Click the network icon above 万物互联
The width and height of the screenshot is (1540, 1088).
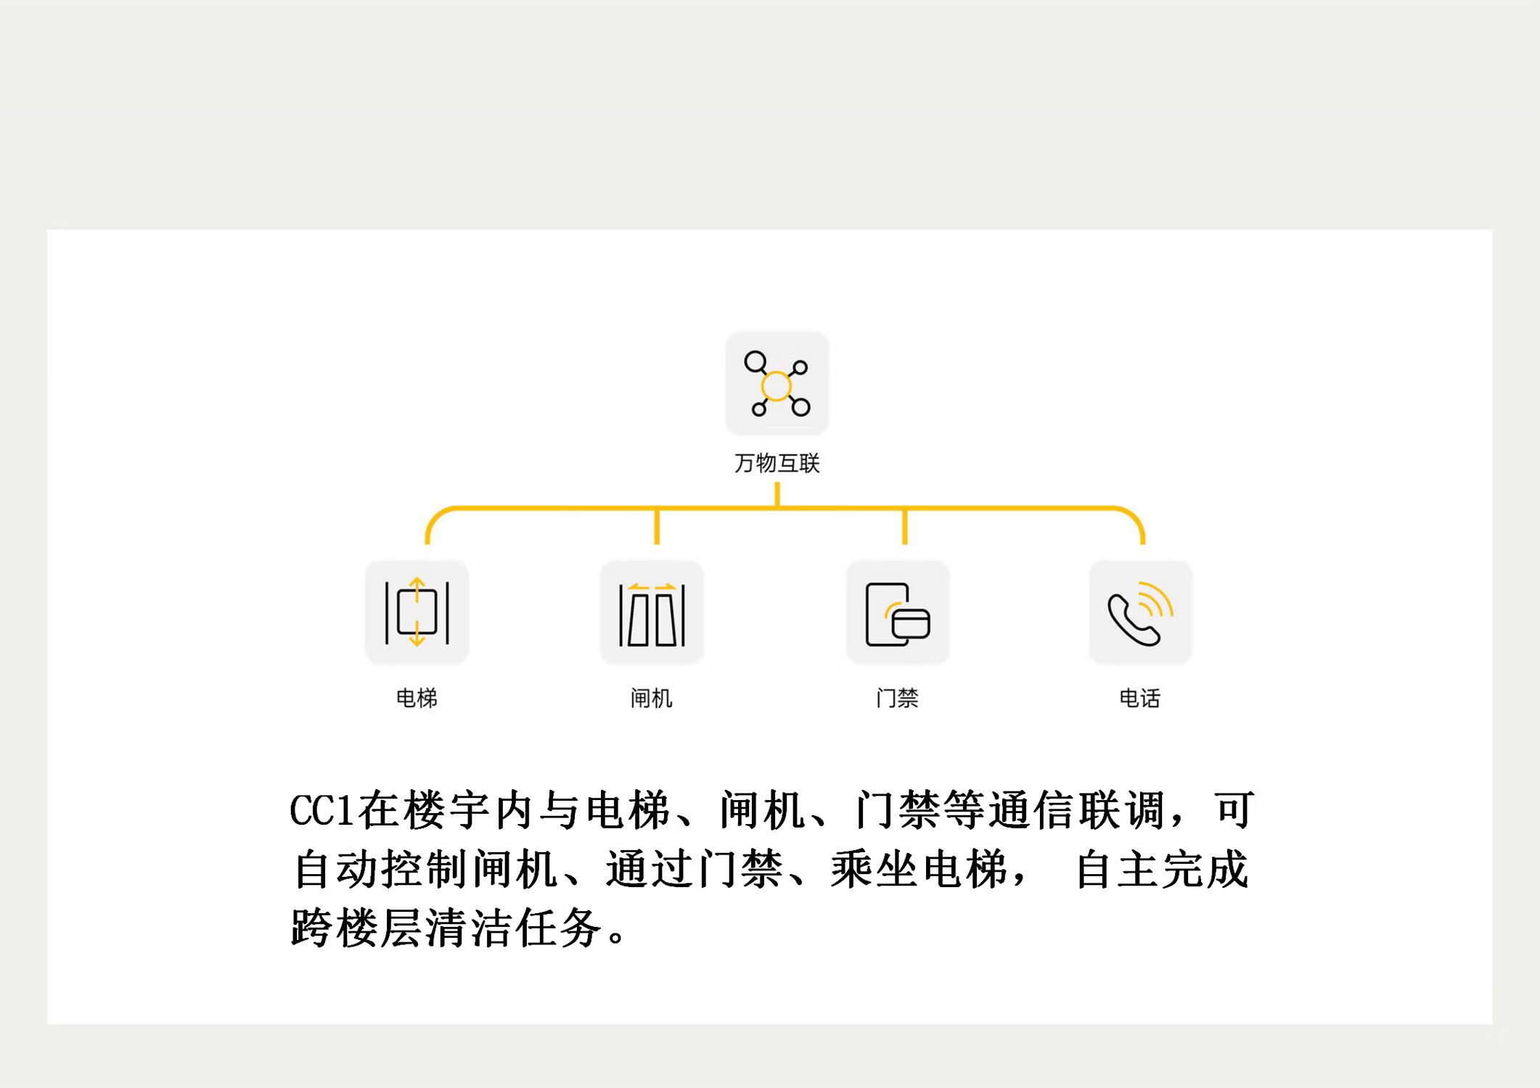[x=777, y=384]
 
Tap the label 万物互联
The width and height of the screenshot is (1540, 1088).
[x=777, y=463]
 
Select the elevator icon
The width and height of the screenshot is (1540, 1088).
[x=417, y=612]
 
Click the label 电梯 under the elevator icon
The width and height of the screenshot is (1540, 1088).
[x=417, y=698]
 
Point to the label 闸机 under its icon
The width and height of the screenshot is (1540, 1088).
[x=652, y=698]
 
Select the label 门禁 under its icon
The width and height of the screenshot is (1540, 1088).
[x=898, y=698]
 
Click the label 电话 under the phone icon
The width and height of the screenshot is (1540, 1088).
[x=1140, y=698]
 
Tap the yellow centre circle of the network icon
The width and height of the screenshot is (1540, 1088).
[x=777, y=386]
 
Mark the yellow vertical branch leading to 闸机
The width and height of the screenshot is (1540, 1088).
[x=657, y=526]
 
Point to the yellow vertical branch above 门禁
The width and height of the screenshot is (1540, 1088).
[x=904, y=526]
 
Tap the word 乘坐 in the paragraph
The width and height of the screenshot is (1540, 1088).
[x=875, y=869]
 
